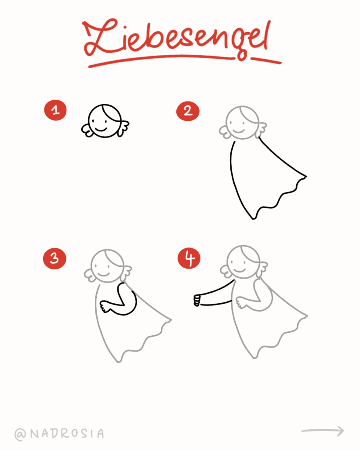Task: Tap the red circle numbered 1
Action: click(x=55, y=110)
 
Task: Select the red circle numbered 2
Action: click(x=188, y=111)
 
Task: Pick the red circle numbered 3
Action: click(x=55, y=258)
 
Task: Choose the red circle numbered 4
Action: click(x=189, y=258)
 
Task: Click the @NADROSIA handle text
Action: click(x=60, y=434)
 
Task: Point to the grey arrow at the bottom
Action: click(x=323, y=431)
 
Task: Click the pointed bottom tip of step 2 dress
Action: click(x=253, y=218)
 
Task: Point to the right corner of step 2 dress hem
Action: click(x=305, y=177)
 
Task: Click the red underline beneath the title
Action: click(x=185, y=61)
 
